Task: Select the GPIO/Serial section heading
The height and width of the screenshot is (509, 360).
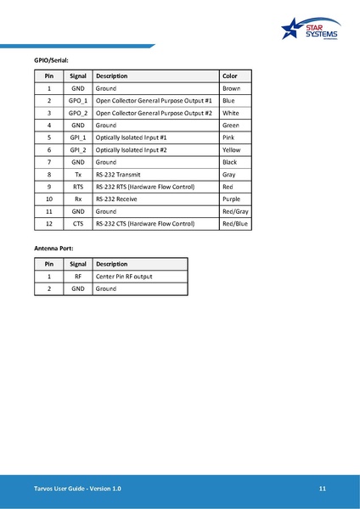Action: click(x=50, y=60)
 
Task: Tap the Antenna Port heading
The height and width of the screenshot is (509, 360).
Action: click(x=53, y=249)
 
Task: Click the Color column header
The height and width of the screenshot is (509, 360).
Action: click(x=229, y=76)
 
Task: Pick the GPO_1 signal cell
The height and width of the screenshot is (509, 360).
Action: click(x=78, y=100)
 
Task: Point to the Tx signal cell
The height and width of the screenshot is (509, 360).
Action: click(x=78, y=174)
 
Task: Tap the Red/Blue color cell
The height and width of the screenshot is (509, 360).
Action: click(x=234, y=223)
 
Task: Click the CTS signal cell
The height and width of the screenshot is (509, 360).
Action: click(x=78, y=223)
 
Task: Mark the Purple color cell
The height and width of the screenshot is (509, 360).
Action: click(x=231, y=199)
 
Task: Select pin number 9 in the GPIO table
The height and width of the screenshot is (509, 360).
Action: click(x=49, y=187)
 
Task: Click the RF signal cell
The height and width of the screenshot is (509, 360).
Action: click(x=78, y=277)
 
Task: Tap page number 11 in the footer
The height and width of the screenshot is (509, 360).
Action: click(x=323, y=489)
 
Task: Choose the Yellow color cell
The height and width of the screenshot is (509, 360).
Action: click(x=231, y=149)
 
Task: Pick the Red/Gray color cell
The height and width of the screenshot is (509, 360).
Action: click(x=234, y=211)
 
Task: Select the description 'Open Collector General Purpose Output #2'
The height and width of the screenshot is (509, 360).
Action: click(x=154, y=113)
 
